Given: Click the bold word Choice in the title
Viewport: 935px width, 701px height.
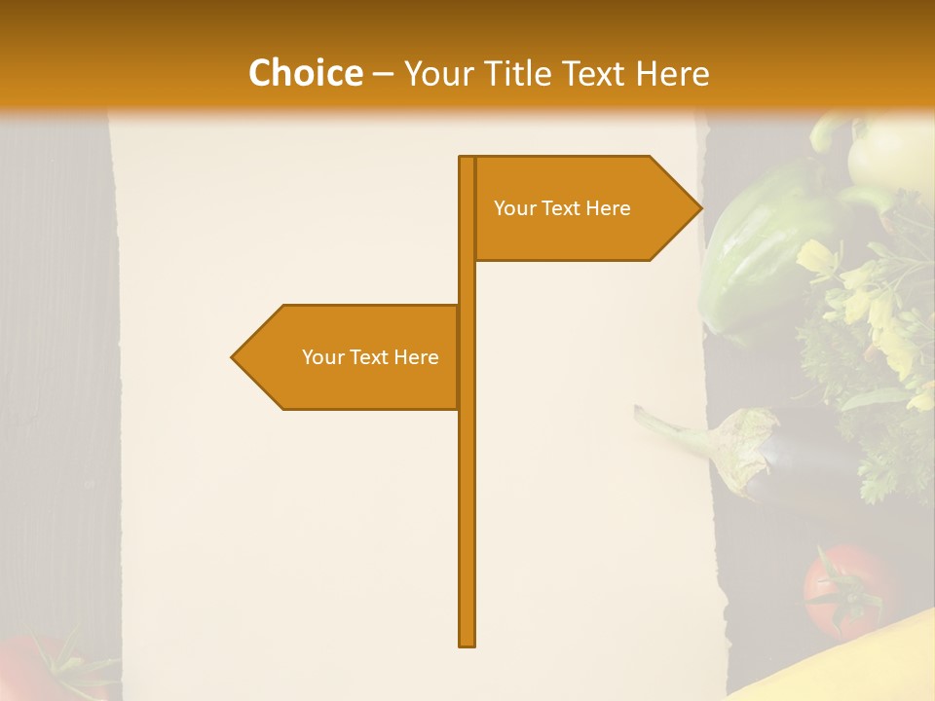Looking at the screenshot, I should click(305, 73).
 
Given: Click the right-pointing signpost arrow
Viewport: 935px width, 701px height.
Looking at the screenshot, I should click(584, 208).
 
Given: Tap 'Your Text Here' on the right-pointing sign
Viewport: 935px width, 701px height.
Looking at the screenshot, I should click(562, 208).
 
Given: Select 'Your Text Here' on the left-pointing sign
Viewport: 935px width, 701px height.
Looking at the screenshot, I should click(370, 357).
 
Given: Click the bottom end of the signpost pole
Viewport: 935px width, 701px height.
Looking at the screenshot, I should click(467, 643).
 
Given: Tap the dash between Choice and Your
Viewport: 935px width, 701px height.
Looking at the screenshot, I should click(383, 74).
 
